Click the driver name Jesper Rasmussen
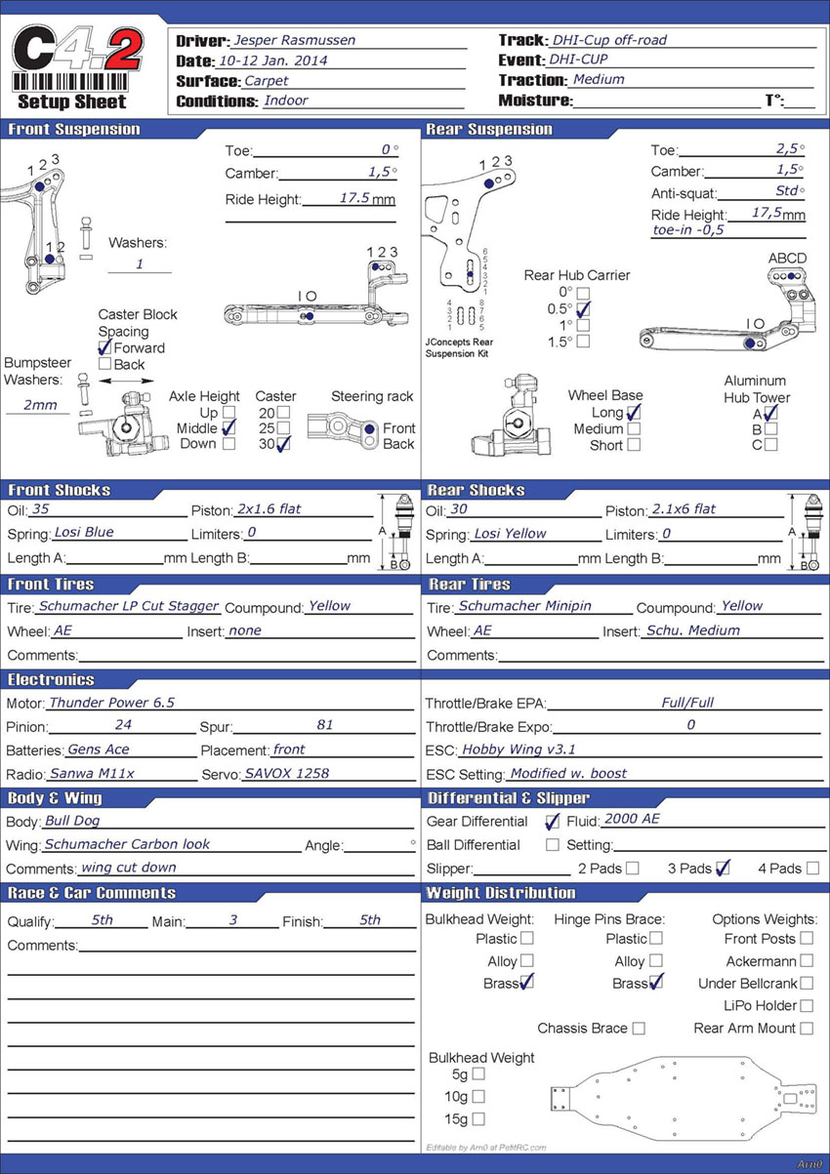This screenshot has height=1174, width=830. point(294,40)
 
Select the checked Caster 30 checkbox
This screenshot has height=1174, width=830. point(283,444)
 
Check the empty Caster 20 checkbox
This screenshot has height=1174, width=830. point(283,413)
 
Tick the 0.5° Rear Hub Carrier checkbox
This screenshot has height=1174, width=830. point(583,309)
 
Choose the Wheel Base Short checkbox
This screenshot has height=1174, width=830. point(634,445)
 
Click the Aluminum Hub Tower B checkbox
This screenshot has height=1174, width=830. point(771,428)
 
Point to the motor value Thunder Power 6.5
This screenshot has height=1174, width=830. point(111,703)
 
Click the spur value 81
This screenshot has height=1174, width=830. point(325,725)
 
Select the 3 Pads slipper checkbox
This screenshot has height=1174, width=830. point(723,868)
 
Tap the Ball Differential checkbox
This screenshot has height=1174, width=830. point(553,844)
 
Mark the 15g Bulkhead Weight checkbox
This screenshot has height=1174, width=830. point(478,1119)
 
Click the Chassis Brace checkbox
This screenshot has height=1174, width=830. point(639,1028)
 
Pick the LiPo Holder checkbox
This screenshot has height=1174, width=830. point(806,1005)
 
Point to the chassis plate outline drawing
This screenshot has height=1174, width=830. point(683,1098)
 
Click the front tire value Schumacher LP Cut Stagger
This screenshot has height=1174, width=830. point(128,606)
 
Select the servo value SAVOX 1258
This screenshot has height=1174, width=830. point(286,773)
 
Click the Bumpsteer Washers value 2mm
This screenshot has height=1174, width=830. point(40,405)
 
